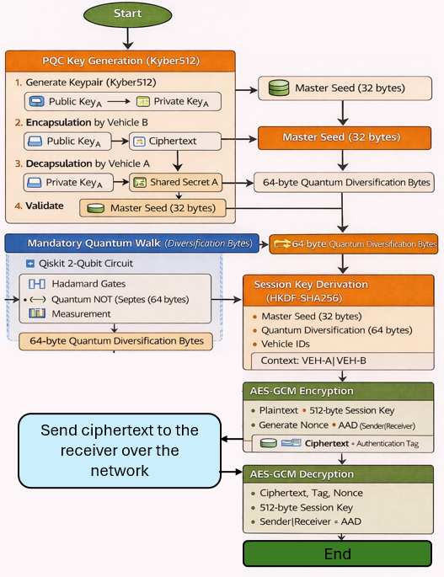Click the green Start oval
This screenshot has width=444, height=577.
(x=128, y=14)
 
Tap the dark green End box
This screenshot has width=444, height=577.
(x=337, y=553)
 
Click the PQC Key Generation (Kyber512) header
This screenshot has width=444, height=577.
(x=120, y=61)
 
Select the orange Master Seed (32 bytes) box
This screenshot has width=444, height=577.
(x=345, y=137)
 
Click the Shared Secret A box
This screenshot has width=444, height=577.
(x=175, y=182)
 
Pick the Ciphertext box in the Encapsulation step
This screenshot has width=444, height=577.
(x=175, y=142)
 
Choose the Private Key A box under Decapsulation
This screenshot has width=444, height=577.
(x=68, y=183)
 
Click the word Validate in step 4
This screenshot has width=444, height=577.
(x=44, y=206)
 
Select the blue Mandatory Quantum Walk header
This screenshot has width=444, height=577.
(x=131, y=243)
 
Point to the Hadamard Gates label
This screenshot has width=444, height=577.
(x=88, y=284)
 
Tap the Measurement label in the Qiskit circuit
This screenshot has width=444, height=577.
(x=81, y=314)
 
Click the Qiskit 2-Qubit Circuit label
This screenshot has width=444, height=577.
(x=86, y=264)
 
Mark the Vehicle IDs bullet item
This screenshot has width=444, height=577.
(x=286, y=344)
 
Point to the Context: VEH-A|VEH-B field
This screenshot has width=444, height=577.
(x=342, y=361)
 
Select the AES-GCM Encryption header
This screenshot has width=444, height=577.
(x=338, y=391)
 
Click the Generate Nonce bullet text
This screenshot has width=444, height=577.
(x=293, y=425)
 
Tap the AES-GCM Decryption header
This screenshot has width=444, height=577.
(x=338, y=474)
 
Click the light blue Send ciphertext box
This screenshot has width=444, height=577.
(x=120, y=451)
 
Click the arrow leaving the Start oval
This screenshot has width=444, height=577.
(x=128, y=38)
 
